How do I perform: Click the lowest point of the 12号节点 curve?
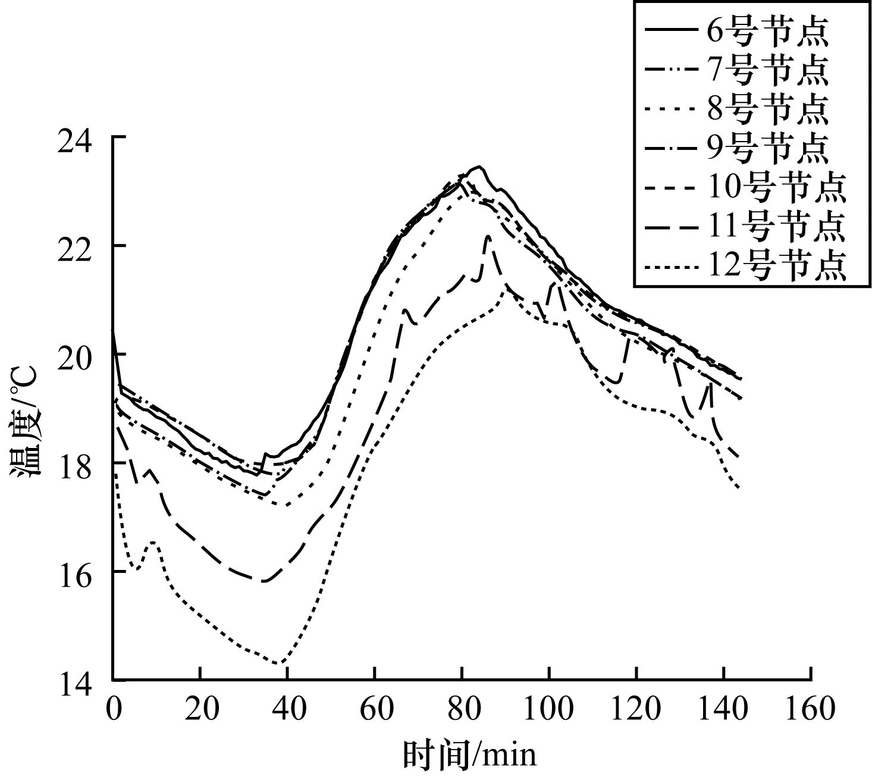coord(280,663)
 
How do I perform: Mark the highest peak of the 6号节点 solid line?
coord(478,167)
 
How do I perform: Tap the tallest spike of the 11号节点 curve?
coord(488,236)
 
